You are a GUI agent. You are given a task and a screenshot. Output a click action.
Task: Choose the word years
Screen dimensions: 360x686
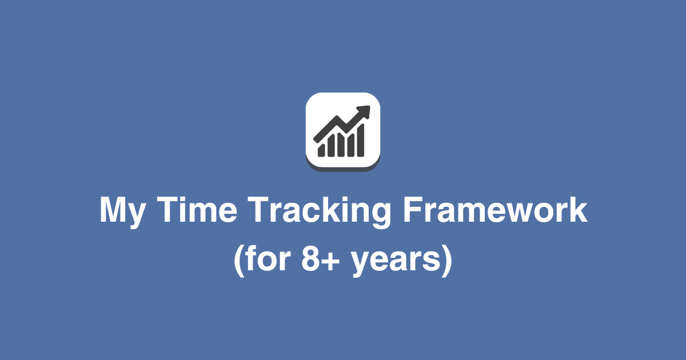point(394,263)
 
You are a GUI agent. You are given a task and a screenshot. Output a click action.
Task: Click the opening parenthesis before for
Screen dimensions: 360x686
point(239,262)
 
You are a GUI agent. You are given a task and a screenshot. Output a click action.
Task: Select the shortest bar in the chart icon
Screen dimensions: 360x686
point(321,150)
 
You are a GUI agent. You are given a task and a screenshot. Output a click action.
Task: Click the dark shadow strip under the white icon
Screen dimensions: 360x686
point(343,167)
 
